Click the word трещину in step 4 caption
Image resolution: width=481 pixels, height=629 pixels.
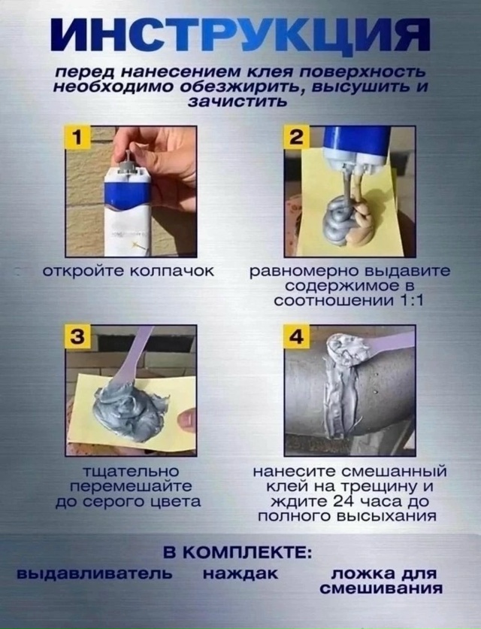tap(393, 487)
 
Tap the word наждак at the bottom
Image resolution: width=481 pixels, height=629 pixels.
tap(240, 574)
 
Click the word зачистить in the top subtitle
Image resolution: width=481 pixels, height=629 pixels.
tap(236, 102)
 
